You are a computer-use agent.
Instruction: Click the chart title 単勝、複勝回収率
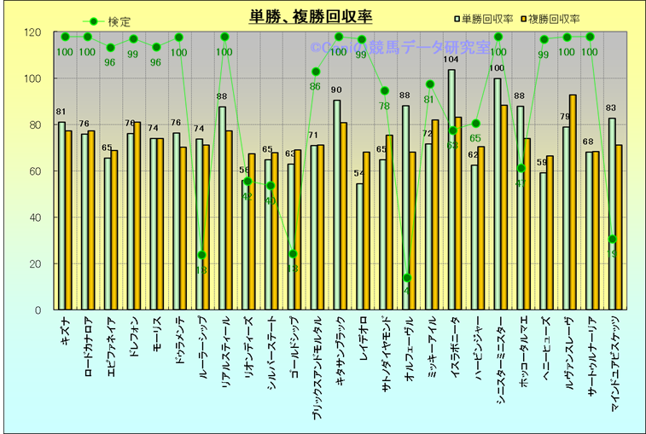click(x=311, y=16)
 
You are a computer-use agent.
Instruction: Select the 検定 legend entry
click(x=108, y=21)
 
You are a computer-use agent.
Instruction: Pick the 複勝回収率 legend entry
click(x=553, y=18)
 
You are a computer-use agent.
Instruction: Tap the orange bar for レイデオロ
click(x=366, y=231)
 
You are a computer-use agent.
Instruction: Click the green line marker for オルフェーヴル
click(x=407, y=278)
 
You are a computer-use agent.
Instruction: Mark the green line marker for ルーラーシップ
click(x=202, y=255)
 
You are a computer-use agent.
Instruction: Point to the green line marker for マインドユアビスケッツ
click(x=613, y=239)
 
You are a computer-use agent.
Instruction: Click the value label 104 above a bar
click(x=451, y=60)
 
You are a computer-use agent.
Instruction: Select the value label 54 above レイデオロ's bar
click(x=359, y=174)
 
